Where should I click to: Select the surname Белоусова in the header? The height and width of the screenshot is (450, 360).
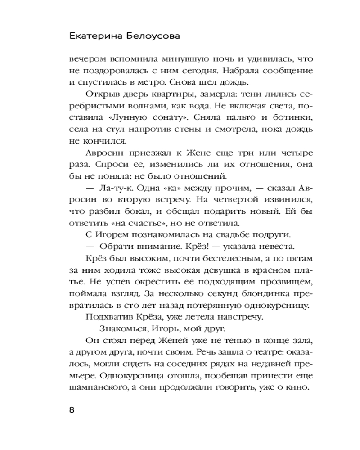(x=152, y=36)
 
